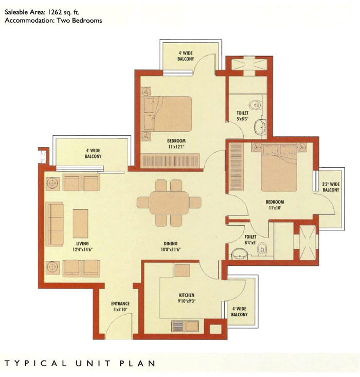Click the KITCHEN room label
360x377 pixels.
pos(186,295)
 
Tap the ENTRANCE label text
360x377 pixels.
pos(120,303)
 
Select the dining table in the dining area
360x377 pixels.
pos(169,203)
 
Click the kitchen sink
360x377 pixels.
pos(185,326)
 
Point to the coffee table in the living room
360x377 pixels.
pos(80,224)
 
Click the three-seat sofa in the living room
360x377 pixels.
pos(55,224)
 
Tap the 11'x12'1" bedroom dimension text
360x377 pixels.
pos(176,147)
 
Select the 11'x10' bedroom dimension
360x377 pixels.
pos(275,208)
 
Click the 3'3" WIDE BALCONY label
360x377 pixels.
pos(331,187)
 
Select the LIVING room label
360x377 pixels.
pos(82,244)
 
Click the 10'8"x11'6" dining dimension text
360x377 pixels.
pos(171,249)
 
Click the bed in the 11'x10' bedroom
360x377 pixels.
pos(279,167)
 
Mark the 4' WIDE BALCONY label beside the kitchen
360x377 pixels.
pos(239,312)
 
